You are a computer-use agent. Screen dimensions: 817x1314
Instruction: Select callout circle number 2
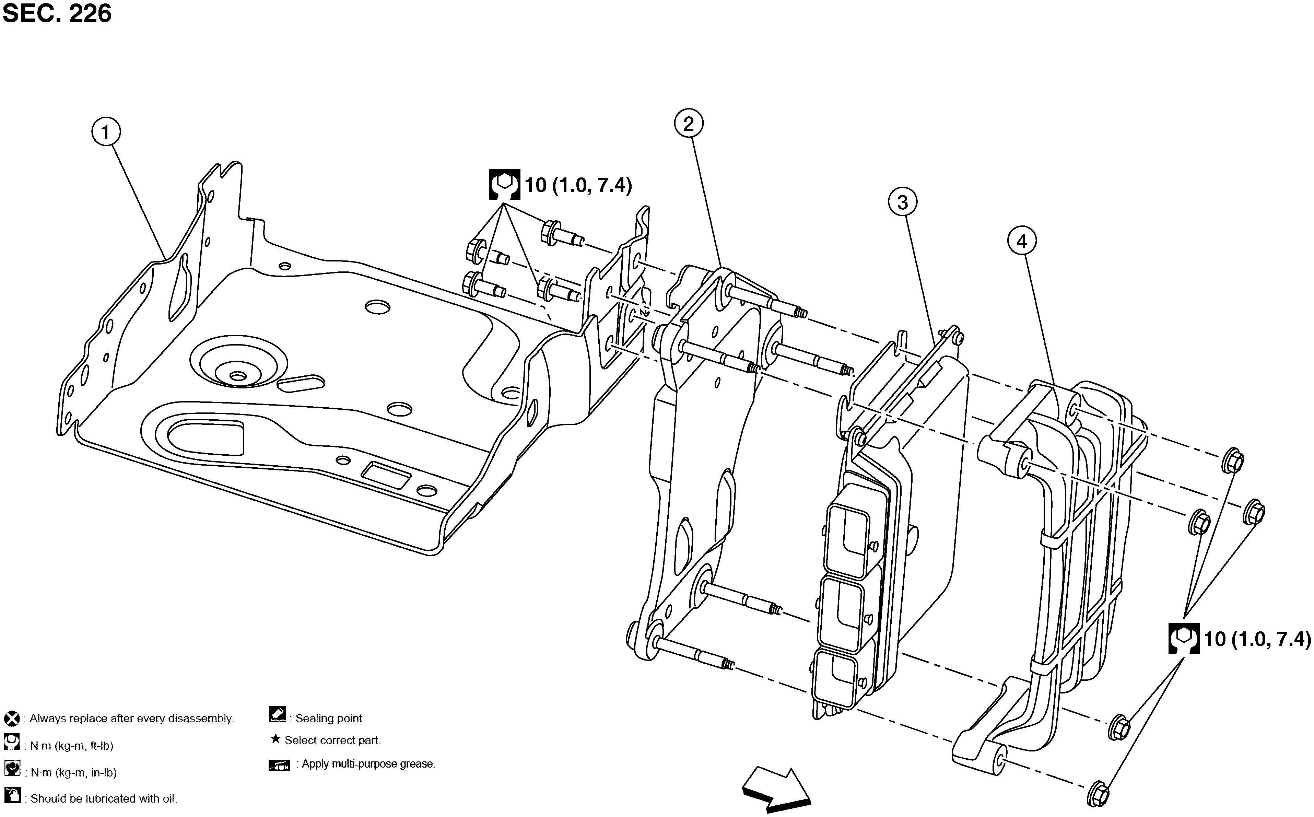tap(688, 124)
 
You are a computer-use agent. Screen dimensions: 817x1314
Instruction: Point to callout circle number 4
tap(1022, 241)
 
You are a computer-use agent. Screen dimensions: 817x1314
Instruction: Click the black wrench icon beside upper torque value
tap(504, 185)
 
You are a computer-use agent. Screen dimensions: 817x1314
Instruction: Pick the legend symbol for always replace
tap(11, 719)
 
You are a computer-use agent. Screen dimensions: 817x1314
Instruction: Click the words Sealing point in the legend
tap(329, 719)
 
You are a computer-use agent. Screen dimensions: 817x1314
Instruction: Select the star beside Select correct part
tap(275, 739)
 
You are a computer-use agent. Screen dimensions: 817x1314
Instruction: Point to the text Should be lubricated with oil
tap(104, 798)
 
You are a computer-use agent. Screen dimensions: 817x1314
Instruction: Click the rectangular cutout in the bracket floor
tap(385, 476)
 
